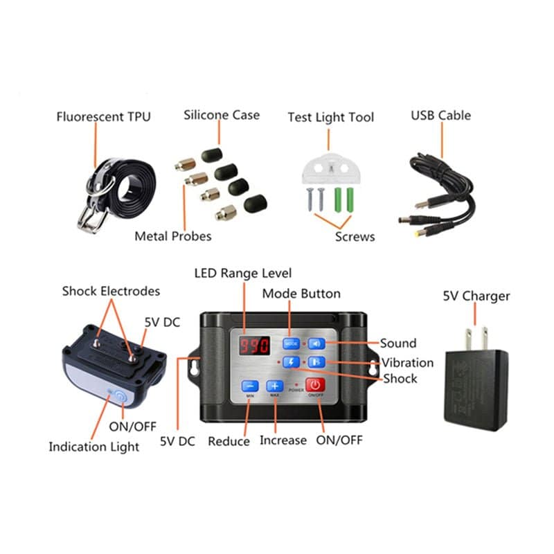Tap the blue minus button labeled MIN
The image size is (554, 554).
point(250,386)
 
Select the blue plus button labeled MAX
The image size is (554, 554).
point(274,386)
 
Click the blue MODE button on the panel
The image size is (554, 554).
point(291,343)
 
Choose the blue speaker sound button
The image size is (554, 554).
point(316,343)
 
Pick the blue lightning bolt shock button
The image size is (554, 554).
point(291,362)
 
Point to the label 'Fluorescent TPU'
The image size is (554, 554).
point(103,116)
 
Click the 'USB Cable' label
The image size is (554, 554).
point(440,115)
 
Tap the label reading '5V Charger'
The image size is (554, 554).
point(476,296)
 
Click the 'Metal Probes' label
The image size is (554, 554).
point(173,236)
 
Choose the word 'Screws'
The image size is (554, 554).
point(355,236)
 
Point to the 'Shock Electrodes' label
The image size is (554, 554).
point(111,291)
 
